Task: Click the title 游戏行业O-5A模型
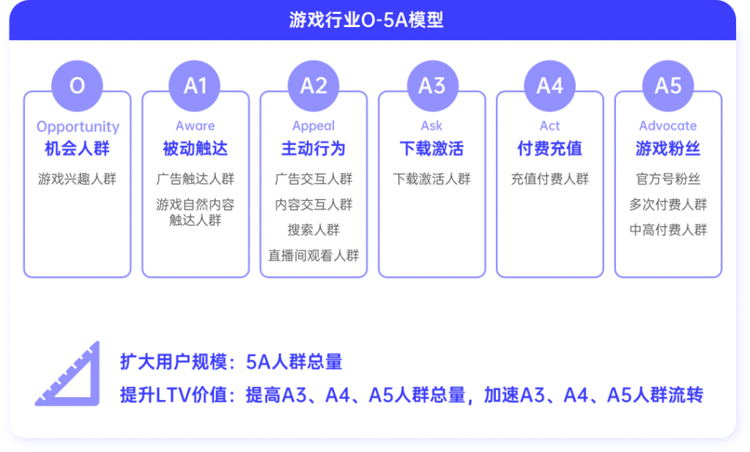click(366, 20)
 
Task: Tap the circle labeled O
click(77, 86)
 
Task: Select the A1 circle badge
click(195, 86)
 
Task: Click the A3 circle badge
click(432, 86)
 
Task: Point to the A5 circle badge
click(668, 86)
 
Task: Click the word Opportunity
click(78, 127)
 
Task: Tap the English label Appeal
click(313, 126)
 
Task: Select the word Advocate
click(668, 126)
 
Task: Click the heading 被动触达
click(195, 149)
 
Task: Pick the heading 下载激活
click(432, 149)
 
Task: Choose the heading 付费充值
click(549, 149)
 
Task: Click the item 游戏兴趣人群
click(77, 179)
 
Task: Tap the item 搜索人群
click(313, 230)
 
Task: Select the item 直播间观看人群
click(313, 256)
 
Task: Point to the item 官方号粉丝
click(668, 179)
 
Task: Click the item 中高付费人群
click(668, 230)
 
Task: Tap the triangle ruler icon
click(68, 374)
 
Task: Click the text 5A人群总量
click(294, 362)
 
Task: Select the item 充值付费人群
click(549, 179)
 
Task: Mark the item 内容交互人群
click(313, 204)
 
